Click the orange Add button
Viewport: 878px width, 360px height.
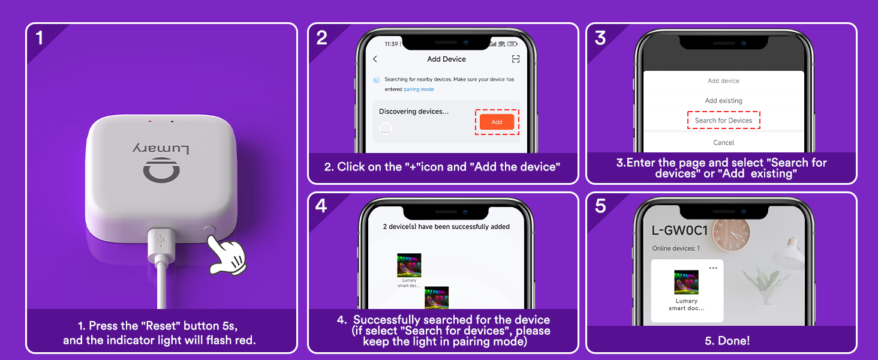coord(497,122)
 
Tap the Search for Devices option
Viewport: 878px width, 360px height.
coord(723,121)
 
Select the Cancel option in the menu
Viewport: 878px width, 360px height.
coord(723,143)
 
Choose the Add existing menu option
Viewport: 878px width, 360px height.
coord(723,101)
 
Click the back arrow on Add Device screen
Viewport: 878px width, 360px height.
coord(375,59)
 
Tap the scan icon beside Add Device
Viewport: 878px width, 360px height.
coord(516,59)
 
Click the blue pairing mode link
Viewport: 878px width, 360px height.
coord(419,89)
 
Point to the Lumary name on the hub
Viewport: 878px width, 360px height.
coord(161,149)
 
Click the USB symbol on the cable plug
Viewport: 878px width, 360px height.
coord(161,241)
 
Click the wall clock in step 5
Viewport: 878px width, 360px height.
coord(731,234)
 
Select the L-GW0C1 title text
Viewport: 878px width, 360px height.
coord(679,230)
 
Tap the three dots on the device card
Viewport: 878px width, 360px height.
coord(713,268)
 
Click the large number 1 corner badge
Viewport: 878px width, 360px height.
coord(39,38)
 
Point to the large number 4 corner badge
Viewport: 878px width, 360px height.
coord(321,206)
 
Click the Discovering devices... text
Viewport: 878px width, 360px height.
coord(414,112)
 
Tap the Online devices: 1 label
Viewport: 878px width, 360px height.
coord(676,248)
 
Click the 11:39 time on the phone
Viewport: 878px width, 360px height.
coord(391,44)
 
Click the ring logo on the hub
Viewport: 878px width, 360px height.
coord(161,170)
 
